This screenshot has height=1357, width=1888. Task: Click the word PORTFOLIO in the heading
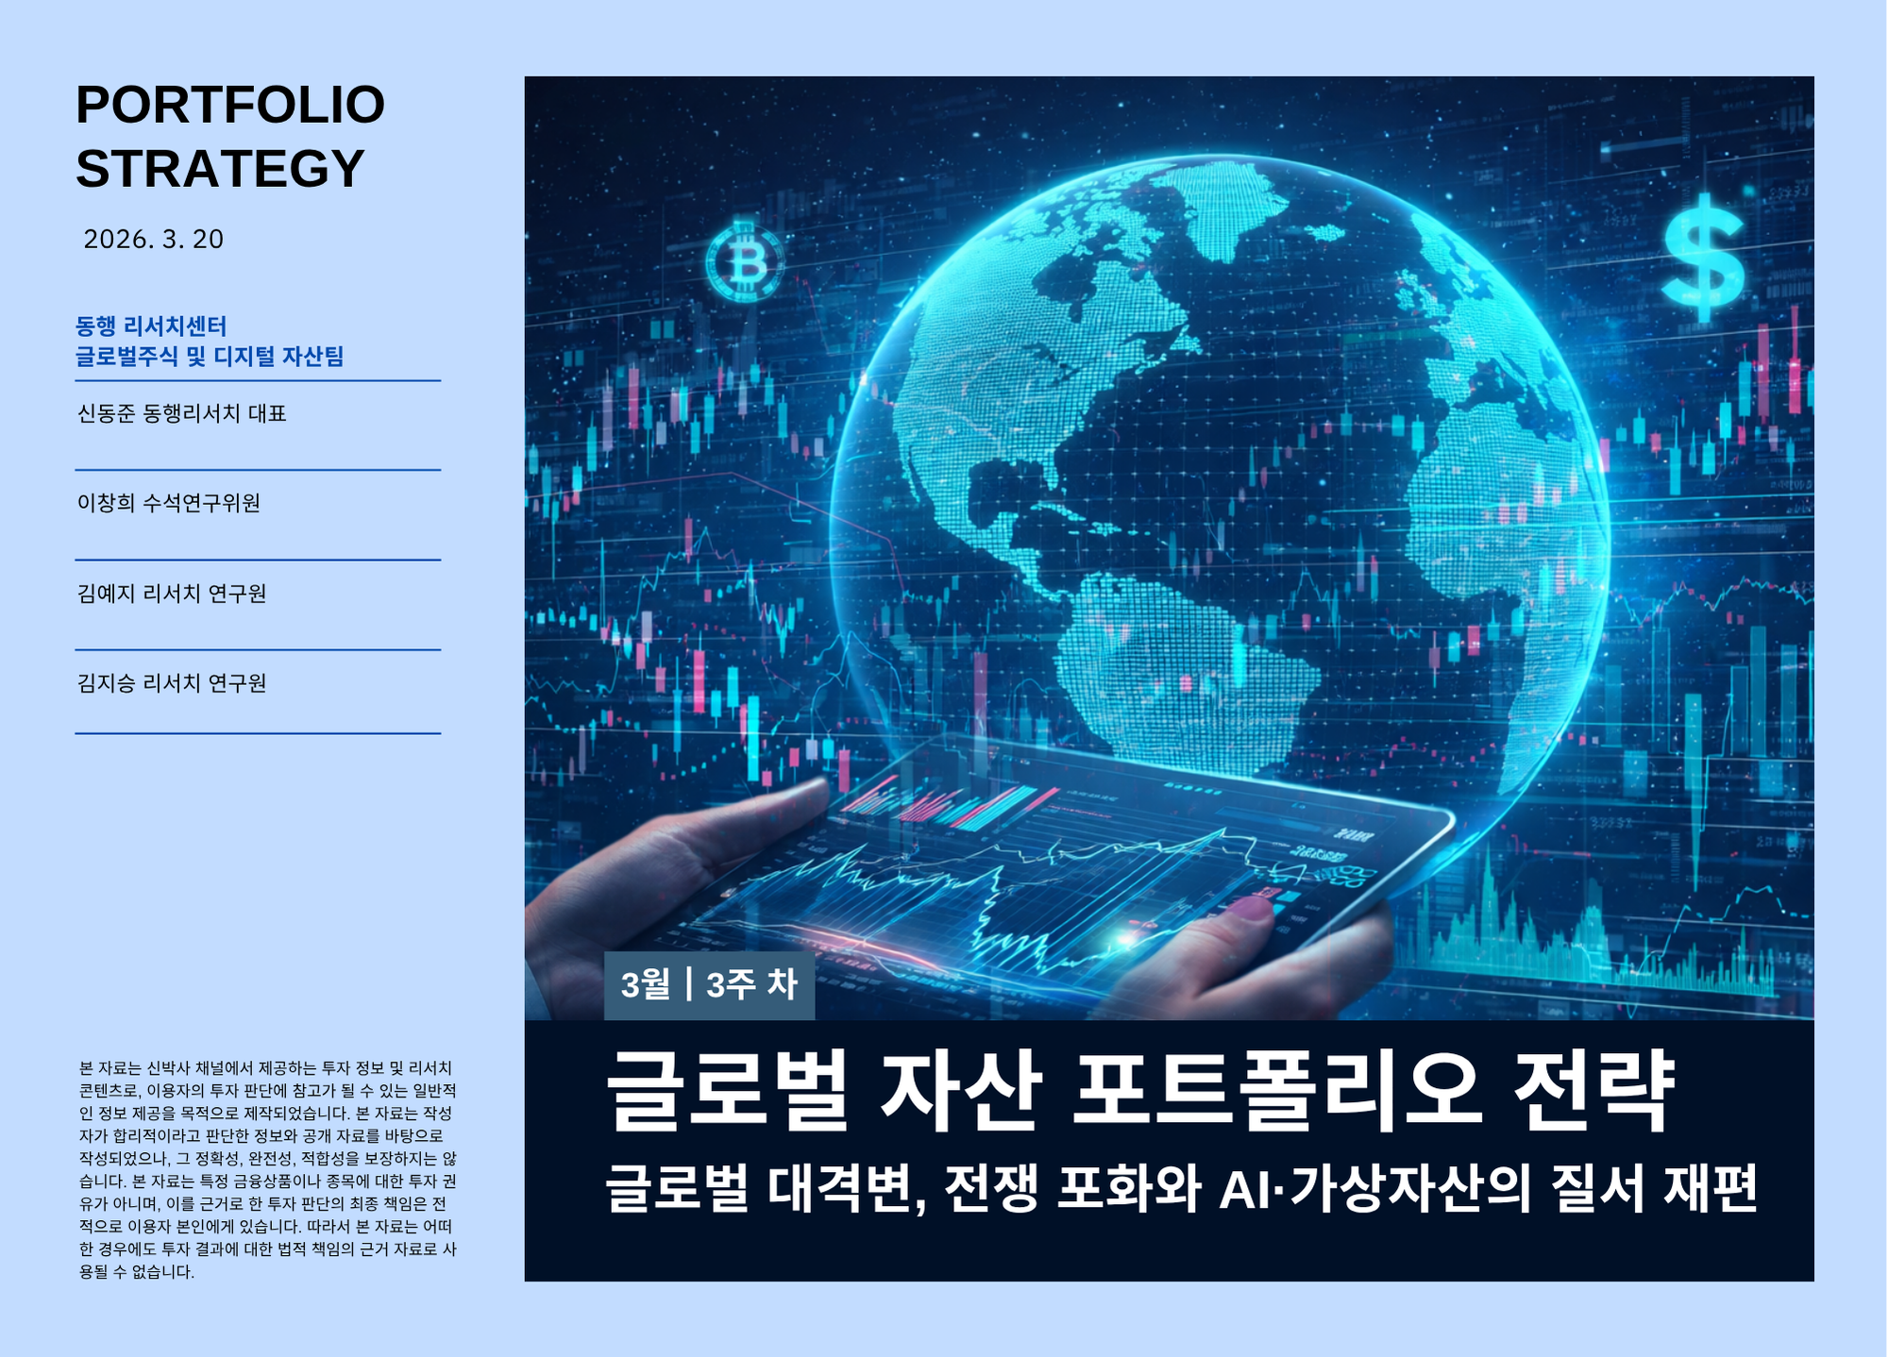coord(230,105)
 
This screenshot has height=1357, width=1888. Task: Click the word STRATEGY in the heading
coord(220,169)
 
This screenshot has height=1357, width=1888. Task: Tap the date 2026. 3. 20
coord(154,240)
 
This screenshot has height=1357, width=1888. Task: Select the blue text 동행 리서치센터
coord(151,327)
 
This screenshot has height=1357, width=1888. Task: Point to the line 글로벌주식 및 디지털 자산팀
coord(210,357)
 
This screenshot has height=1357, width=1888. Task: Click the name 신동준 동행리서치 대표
coord(181,413)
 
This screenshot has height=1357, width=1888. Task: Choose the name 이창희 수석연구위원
coord(169,503)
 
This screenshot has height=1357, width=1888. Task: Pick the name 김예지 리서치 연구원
coord(172,594)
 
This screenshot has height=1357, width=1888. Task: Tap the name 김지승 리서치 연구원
coord(172,683)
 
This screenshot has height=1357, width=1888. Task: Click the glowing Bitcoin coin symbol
coord(745,261)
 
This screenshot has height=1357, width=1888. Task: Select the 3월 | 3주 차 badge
coord(709,985)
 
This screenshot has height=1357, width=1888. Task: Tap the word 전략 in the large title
coord(1593,1091)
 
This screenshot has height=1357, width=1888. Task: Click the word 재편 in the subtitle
coord(1710,1188)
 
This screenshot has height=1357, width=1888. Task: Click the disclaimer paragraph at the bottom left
coord(267,1169)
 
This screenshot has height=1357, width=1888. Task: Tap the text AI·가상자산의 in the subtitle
coord(1374,1188)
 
